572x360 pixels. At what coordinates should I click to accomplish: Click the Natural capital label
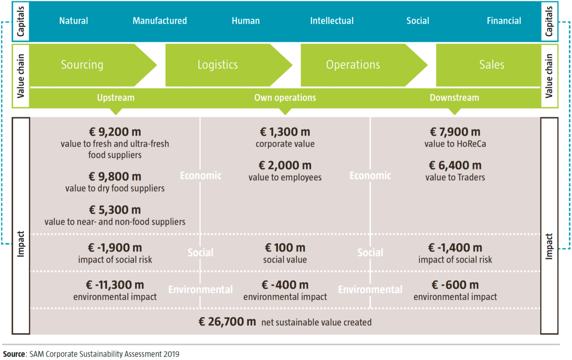(73, 21)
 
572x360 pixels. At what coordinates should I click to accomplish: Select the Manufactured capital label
(160, 21)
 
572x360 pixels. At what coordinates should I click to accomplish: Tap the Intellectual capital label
(332, 21)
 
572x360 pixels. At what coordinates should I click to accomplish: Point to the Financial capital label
(504, 21)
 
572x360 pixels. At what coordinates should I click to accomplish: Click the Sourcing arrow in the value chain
(93, 65)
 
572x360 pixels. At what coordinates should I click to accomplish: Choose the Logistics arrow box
(229, 65)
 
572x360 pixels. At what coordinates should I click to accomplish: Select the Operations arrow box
(364, 65)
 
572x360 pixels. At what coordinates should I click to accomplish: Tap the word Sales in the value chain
(492, 65)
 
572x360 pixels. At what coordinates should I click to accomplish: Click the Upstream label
(116, 98)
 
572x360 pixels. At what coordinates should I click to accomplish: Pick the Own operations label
(285, 98)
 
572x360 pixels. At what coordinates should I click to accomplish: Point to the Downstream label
(454, 98)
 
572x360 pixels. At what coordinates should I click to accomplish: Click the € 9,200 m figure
(115, 132)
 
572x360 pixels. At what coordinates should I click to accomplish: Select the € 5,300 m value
(115, 210)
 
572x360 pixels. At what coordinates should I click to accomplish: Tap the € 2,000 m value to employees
(285, 165)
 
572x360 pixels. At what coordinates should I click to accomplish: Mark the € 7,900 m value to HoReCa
(455, 132)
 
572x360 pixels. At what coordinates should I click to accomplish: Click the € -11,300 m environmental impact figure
(115, 285)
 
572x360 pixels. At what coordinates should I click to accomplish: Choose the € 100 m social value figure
(285, 247)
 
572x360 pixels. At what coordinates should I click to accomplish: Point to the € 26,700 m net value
(227, 322)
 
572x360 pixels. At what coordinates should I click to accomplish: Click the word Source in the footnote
(14, 354)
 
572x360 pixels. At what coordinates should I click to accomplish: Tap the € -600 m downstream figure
(455, 285)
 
